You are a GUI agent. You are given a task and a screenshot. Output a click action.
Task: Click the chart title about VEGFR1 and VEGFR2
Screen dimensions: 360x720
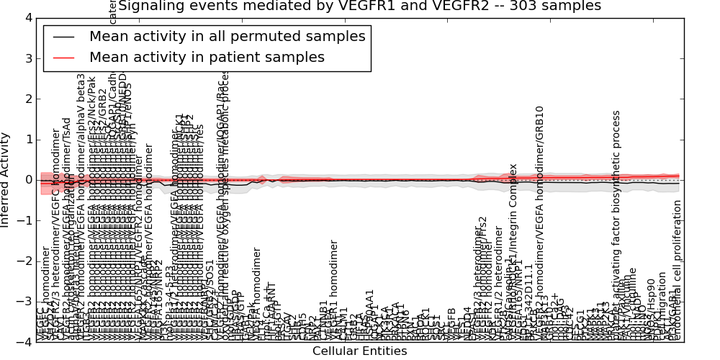tap(359, 6)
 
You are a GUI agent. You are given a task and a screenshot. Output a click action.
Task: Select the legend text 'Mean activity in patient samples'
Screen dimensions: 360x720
tap(207, 57)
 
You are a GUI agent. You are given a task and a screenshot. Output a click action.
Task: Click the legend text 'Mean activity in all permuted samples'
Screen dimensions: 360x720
tap(227, 36)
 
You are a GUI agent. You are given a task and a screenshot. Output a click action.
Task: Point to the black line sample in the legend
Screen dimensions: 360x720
tap(64, 36)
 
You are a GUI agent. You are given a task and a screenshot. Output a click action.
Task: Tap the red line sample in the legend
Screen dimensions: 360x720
tap(64, 57)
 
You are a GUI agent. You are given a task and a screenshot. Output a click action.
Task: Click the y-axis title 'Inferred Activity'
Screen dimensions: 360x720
tap(6, 180)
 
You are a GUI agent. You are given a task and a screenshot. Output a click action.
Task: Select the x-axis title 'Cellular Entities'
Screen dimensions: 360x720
tap(359, 351)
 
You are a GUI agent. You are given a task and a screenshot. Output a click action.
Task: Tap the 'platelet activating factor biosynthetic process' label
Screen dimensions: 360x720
tap(617, 223)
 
